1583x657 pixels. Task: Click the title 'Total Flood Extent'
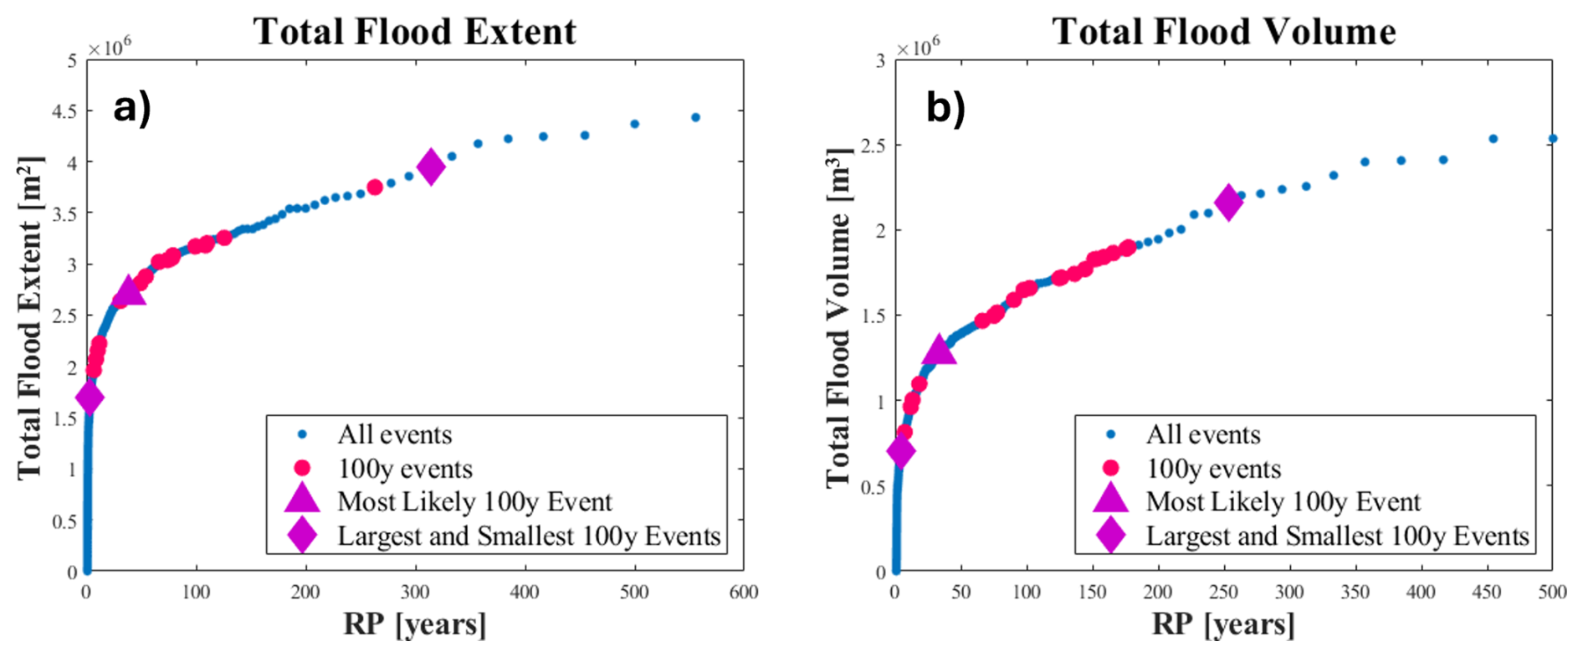pyautogui.click(x=415, y=32)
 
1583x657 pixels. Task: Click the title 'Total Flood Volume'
pyautogui.click(x=1223, y=32)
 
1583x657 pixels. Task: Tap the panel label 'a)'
pyautogui.click(x=132, y=108)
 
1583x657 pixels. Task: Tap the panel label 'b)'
pyautogui.click(x=945, y=108)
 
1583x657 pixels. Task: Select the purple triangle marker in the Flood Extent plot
pyautogui.click(x=129, y=291)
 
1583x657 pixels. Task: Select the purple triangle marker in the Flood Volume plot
pyautogui.click(x=939, y=351)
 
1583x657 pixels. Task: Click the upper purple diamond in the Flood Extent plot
pyautogui.click(x=431, y=167)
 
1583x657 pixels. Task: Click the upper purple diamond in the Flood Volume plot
pyautogui.click(x=1228, y=203)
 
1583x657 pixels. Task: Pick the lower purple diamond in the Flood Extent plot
pyautogui.click(x=90, y=398)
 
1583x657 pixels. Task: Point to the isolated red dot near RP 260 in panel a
pyautogui.click(x=375, y=187)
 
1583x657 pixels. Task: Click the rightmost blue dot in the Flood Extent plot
pyautogui.click(x=695, y=118)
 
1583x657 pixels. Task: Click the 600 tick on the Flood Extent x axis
pyautogui.click(x=743, y=593)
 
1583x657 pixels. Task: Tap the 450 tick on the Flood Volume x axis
pyautogui.click(x=1487, y=593)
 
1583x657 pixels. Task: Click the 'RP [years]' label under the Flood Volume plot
pyautogui.click(x=1223, y=624)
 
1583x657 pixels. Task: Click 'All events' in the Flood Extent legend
pyautogui.click(x=394, y=434)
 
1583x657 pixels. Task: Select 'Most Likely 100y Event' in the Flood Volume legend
pyautogui.click(x=1283, y=501)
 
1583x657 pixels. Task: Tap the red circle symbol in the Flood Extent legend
pyautogui.click(x=302, y=469)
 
